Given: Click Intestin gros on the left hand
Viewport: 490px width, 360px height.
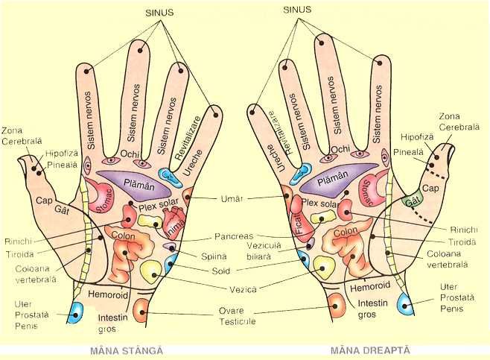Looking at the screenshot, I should pos(112,323).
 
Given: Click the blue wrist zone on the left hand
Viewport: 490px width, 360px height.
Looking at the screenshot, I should pos(75,312).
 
